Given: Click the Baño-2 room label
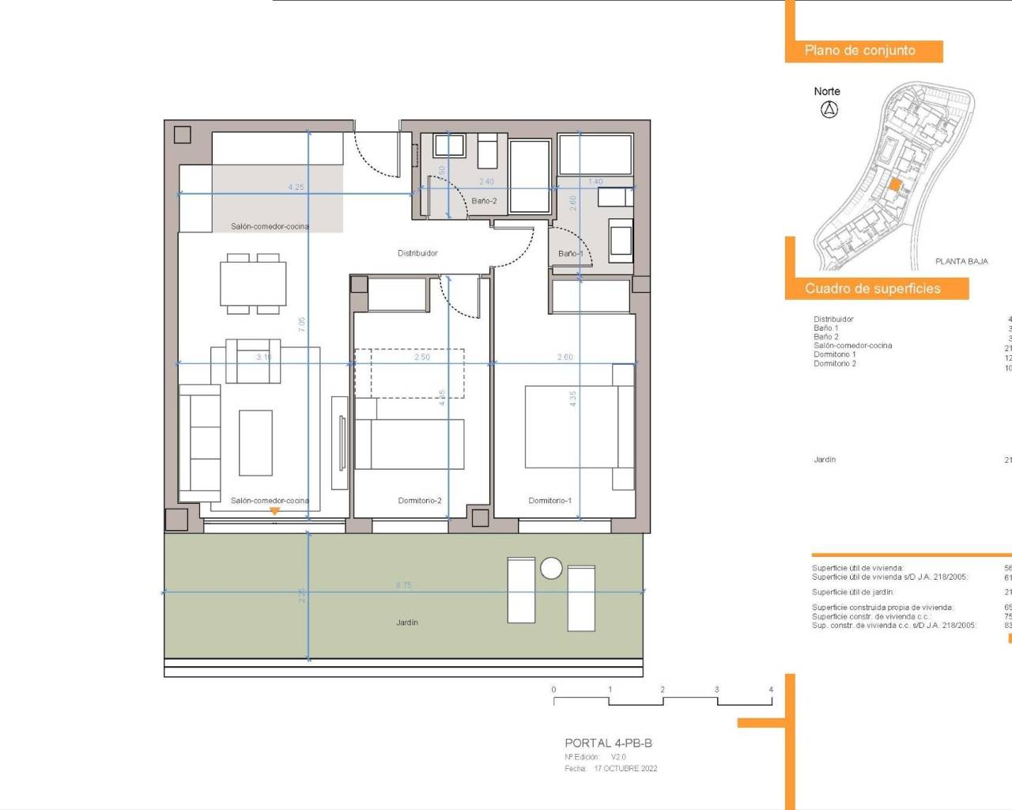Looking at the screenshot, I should [x=484, y=201].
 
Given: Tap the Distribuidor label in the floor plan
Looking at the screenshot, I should [x=417, y=253].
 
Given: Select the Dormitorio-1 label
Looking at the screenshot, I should [x=549, y=501].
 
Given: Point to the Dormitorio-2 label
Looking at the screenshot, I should [x=420, y=501].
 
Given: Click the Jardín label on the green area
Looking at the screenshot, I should [x=407, y=623].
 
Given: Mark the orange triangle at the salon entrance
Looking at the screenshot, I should [x=274, y=512].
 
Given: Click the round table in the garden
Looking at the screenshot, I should [x=551, y=568].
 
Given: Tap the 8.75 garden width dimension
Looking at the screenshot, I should [x=404, y=585].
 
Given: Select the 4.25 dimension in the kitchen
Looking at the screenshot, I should [x=296, y=187].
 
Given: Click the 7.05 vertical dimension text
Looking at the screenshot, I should [x=301, y=324].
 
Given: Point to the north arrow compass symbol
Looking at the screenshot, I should [x=829, y=110].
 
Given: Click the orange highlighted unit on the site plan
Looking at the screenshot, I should [x=895, y=185].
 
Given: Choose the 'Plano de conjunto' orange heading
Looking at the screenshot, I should [x=860, y=51].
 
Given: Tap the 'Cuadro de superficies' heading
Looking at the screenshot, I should [x=873, y=289].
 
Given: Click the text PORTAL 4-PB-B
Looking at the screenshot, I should [x=608, y=743].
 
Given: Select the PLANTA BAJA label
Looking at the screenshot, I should [x=961, y=261].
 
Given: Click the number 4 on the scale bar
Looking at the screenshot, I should [x=771, y=690].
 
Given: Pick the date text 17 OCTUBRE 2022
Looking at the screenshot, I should [x=625, y=768].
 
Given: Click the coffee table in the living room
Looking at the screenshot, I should [x=255, y=442].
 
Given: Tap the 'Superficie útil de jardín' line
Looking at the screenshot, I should [x=853, y=592].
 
